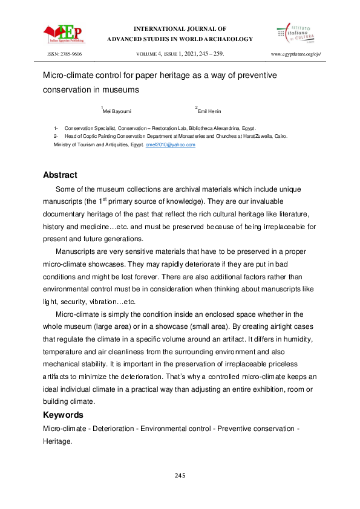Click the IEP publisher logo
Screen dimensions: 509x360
64,33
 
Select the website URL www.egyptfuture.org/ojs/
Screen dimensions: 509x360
296,54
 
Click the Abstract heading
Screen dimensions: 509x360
60,175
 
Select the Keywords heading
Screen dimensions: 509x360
63,415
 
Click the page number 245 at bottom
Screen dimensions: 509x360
180,476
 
